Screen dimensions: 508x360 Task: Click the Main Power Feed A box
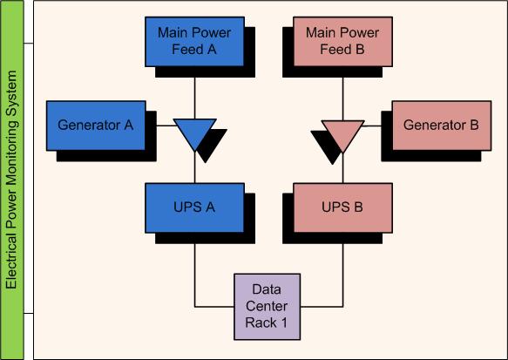194,42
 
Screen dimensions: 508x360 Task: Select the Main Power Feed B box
342,42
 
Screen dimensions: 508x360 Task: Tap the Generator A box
96,126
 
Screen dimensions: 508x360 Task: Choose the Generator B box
442,126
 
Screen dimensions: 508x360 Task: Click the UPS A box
194,208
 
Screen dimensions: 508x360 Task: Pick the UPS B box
342,208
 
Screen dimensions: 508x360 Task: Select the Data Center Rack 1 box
267,307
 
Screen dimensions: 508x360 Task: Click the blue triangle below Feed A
194,132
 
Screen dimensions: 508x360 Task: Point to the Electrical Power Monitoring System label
11,180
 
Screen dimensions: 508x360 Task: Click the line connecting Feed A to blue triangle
194,98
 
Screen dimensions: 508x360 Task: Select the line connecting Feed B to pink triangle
342,98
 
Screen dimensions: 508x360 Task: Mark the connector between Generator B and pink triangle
371,126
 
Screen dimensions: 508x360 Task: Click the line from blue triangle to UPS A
194,167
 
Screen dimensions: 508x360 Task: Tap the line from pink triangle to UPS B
342,168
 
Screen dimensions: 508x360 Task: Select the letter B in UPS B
358,207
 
